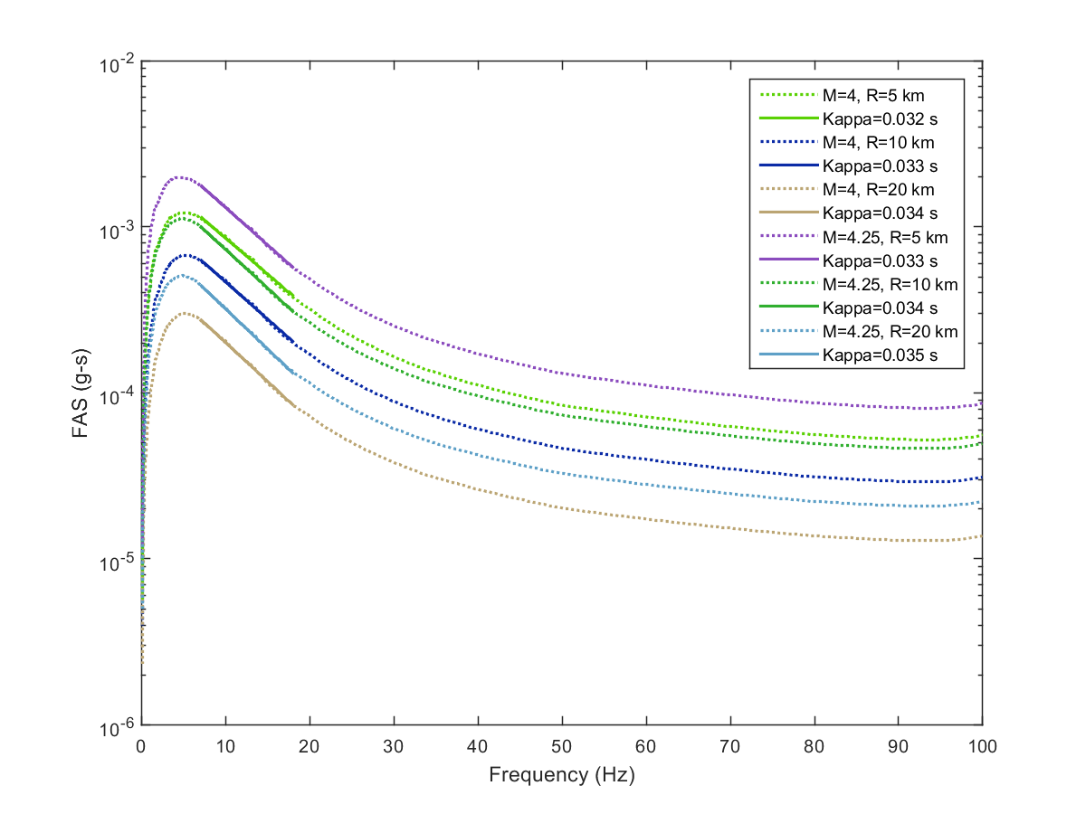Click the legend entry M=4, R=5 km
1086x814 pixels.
click(872, 95)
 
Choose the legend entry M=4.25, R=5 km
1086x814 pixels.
click(887, 237)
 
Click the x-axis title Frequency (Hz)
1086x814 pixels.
click(561, 775)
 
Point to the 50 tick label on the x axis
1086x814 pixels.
click(562, 746)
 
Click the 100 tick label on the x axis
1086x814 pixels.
click(982, 746)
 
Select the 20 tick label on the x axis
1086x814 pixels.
click(310, 746)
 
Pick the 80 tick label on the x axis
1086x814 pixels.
click(814, 746)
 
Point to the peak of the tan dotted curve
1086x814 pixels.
click(185, 313)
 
